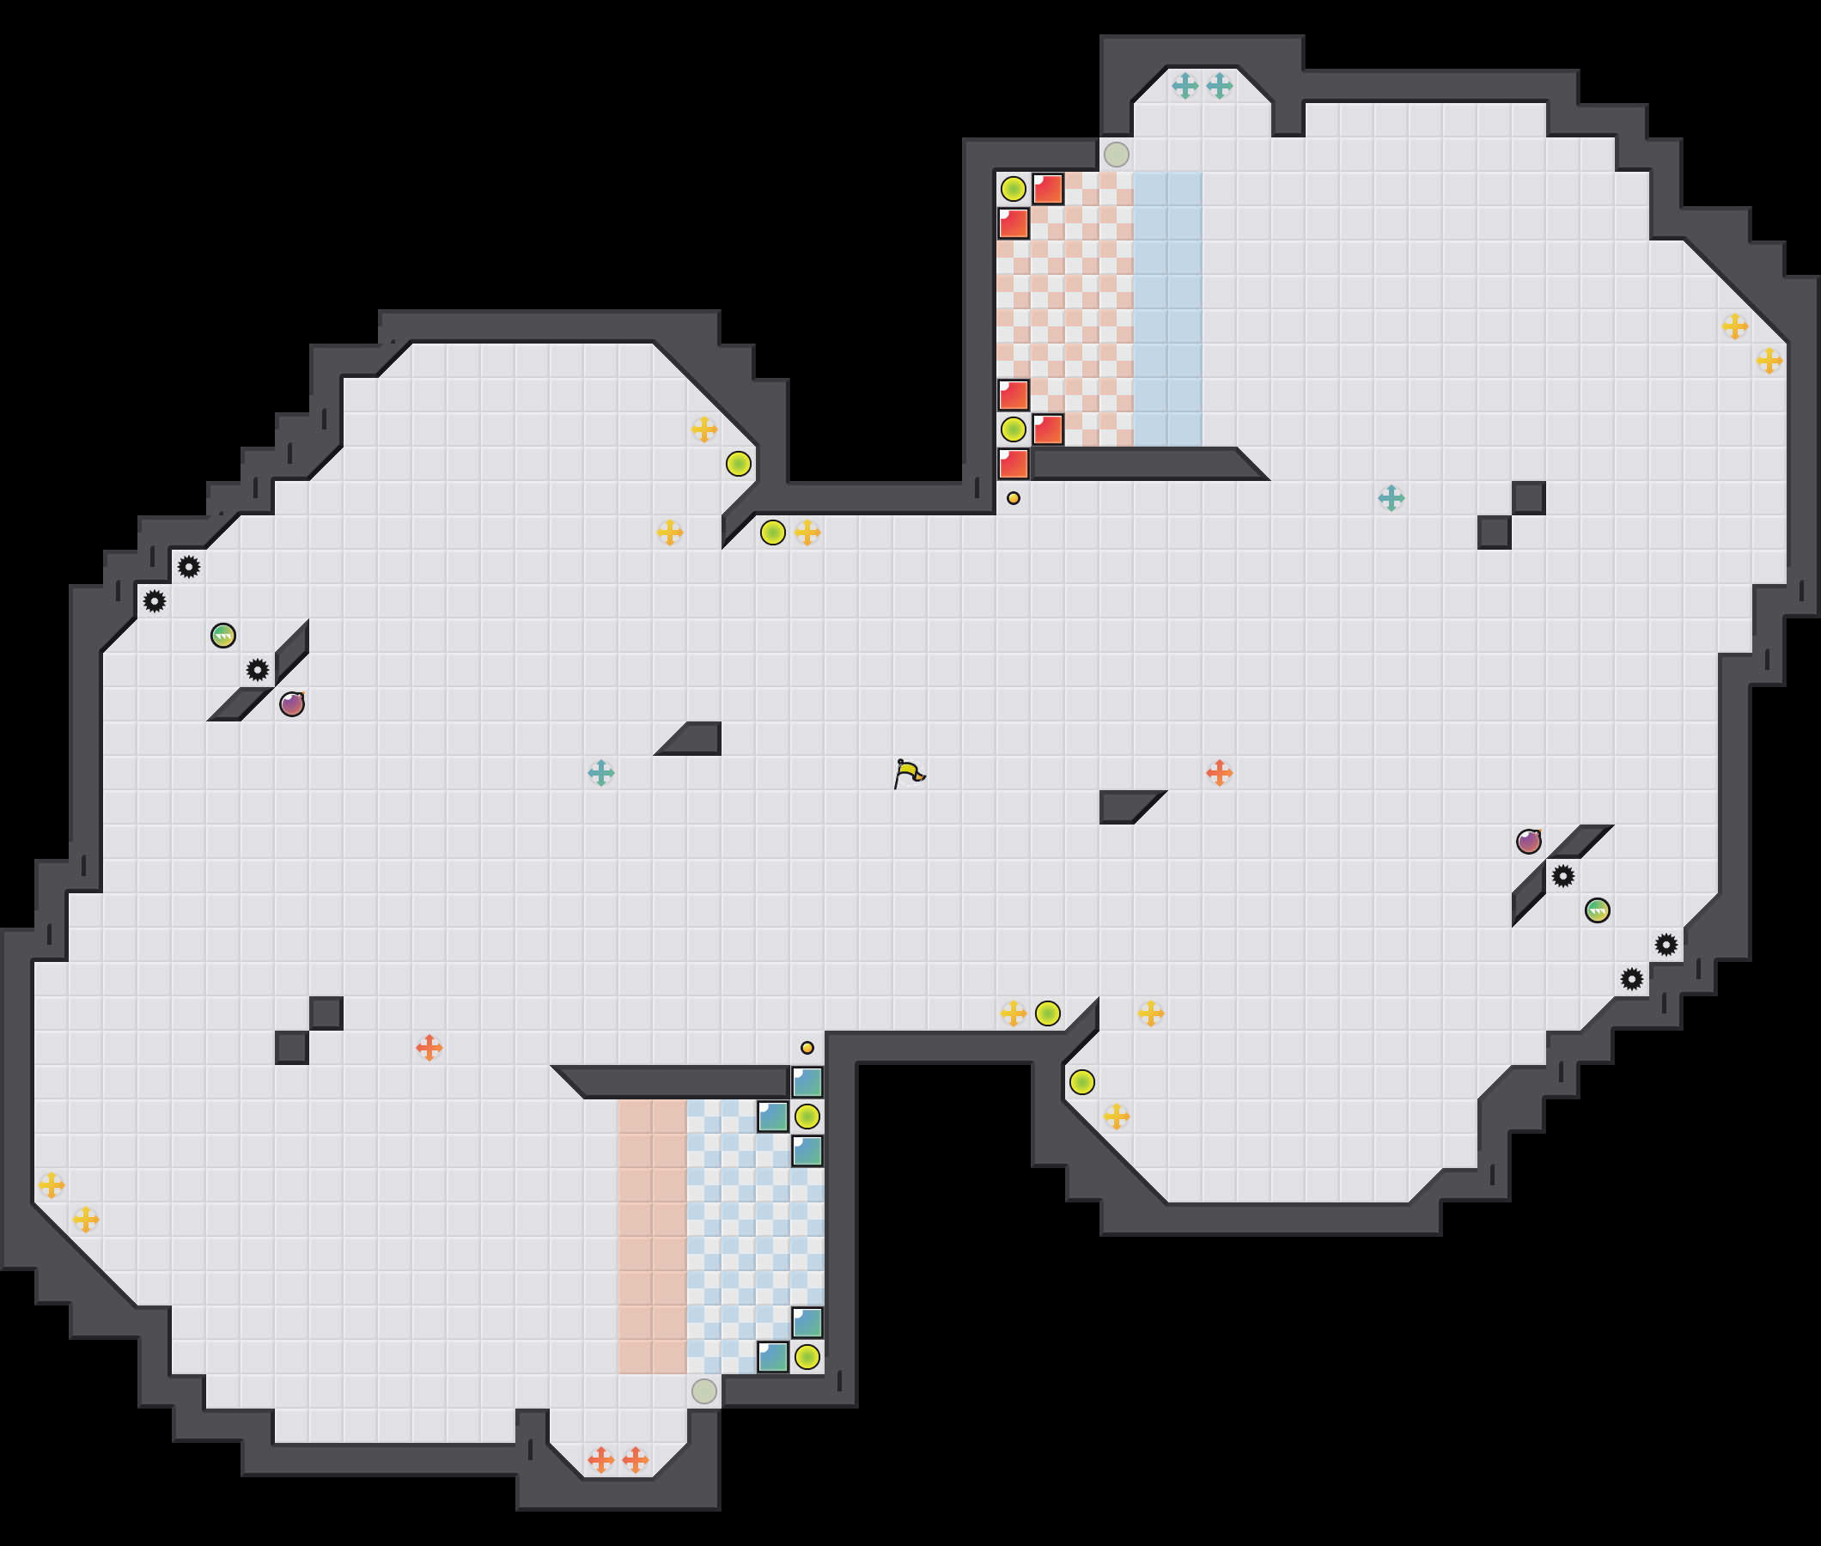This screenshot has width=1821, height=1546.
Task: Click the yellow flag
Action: tap(910, 773)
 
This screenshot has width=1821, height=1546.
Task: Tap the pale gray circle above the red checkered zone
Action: tap(1116, 155)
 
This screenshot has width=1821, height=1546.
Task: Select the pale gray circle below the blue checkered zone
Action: tap(703, 1391)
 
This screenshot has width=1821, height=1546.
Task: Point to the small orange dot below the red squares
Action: tap(1013, 498)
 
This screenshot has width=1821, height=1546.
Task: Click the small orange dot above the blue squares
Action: tap(807, 1047)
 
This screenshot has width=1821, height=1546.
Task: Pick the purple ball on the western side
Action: tap(292, 703)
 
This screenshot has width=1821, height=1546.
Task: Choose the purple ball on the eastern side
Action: tap(1528, 842)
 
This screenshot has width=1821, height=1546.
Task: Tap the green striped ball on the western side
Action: tap(223, 636)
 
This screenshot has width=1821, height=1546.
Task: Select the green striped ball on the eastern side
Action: tap(1597, 910)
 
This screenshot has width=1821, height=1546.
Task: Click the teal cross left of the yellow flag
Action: tap(601, 773)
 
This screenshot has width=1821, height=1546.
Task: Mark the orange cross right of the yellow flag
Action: tap(1219, 773)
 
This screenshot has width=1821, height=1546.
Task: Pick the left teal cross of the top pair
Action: tap(1185, 86)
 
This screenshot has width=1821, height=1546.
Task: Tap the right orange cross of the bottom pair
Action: tap(636, 1460)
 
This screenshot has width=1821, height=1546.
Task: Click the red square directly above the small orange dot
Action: tap(1013, 464)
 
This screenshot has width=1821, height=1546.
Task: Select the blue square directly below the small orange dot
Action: tap(807, 1082)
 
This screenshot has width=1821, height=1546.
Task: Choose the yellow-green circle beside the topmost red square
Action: tap(1013, 188)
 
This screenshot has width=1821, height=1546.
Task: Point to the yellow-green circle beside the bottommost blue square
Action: tap(807, 1357)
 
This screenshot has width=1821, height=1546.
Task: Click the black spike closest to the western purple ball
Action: tap(258, 671)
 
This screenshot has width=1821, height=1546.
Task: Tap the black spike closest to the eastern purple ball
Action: tap(1562, 875)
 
